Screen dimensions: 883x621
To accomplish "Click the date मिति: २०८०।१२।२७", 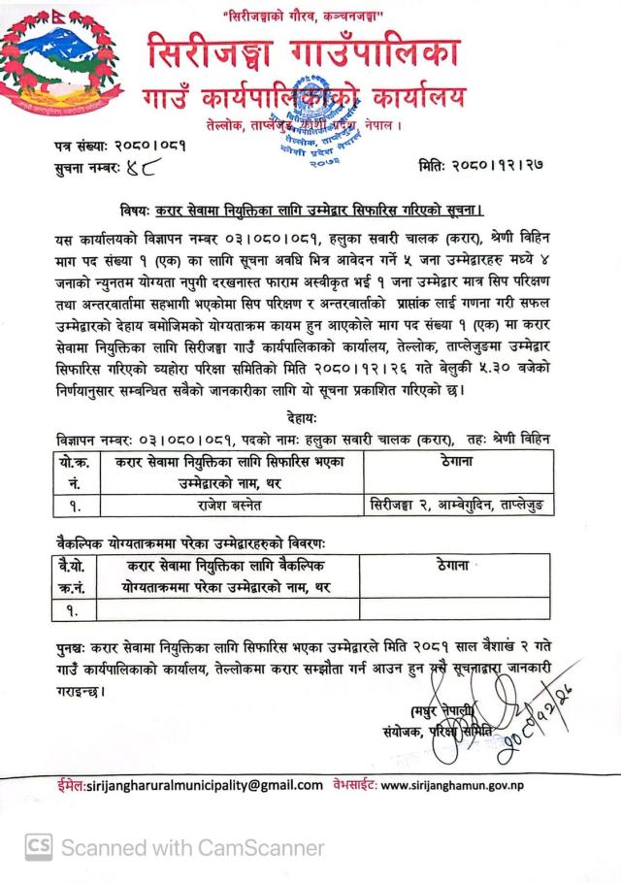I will coord(480,167).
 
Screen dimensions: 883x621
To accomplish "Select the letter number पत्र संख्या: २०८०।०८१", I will coord(120,145).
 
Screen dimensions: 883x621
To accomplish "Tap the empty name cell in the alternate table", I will coord(228,610).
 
